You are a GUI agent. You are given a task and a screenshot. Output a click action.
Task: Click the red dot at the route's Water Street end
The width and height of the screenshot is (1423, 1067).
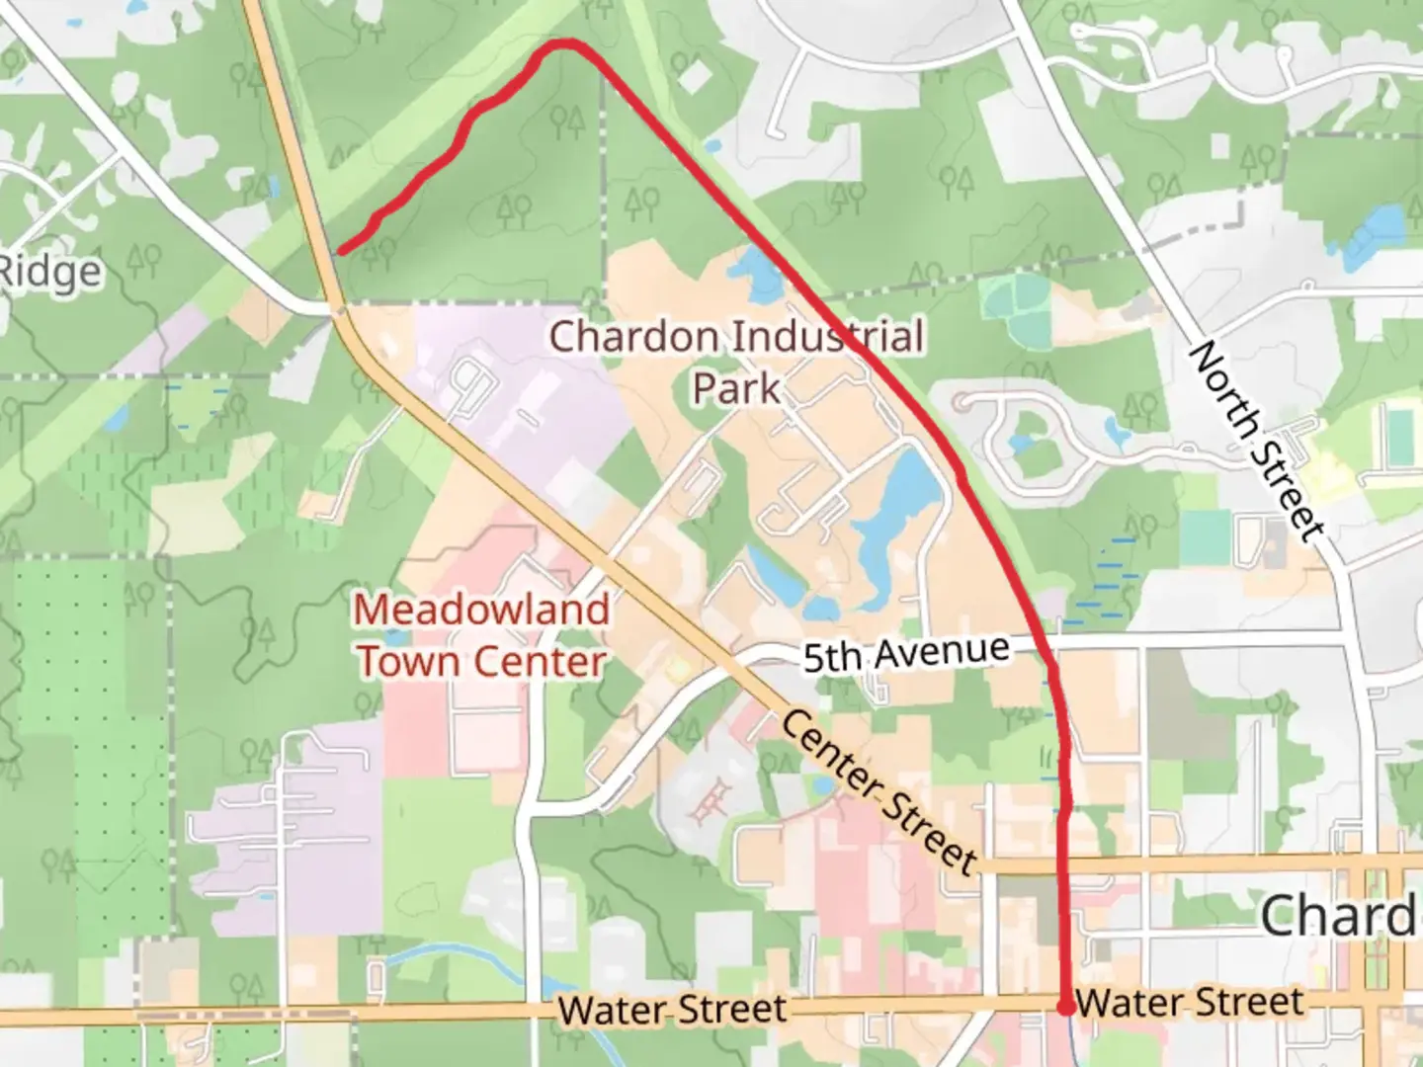1066,1007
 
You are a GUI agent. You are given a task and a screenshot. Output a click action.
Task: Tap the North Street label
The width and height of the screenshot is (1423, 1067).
1256,442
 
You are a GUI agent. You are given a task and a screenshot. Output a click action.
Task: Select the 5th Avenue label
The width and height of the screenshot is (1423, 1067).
906,654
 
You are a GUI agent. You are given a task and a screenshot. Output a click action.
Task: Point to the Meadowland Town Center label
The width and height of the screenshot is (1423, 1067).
482,635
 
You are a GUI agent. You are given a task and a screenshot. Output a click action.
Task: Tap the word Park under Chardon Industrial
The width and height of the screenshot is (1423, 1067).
736,387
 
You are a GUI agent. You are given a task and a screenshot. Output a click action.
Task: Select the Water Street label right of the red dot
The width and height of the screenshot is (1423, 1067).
1190,1003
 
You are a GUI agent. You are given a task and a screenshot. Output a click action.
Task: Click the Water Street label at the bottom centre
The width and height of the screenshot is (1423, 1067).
672,1010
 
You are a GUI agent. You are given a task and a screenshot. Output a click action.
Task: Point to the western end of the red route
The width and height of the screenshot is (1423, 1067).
341,251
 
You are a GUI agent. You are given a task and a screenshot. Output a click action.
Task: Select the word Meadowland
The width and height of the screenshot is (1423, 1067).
482,610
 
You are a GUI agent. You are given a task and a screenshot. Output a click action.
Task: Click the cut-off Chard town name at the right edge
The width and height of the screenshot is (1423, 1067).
1340,916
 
